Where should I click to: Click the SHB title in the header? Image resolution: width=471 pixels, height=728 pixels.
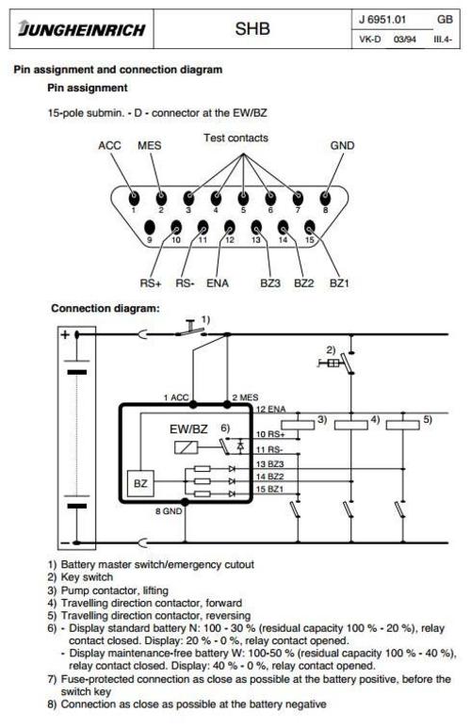(x=252, y=29)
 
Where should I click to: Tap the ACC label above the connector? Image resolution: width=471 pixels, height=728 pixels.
(x=111, y=146)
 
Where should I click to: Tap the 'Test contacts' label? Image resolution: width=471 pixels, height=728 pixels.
(x=235, y=138)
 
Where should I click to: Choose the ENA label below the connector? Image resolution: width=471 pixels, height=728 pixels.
(x=218, y=282)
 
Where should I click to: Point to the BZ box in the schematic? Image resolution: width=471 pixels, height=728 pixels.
(x=140, y=483)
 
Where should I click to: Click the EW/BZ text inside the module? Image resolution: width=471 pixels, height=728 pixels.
(x=188, y=429)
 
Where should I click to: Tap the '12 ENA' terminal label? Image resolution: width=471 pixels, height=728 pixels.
(x=271, y=408)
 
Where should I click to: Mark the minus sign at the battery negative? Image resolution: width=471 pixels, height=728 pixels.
(x=64, y=542)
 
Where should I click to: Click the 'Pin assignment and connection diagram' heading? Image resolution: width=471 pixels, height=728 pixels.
(x=118, y=69)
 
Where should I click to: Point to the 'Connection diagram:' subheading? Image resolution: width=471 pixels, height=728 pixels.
(x=105, y=308)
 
